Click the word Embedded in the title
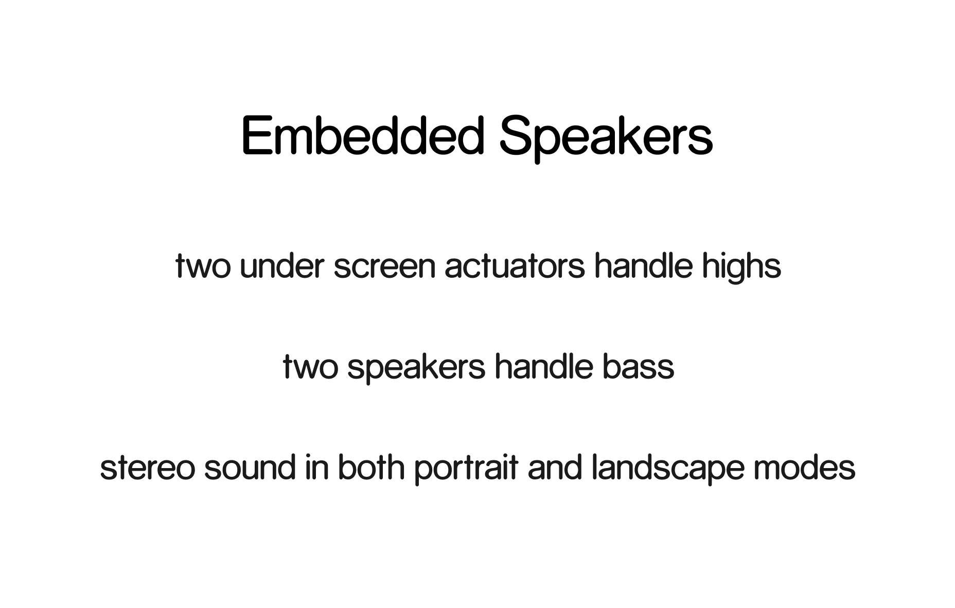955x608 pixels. pos(363,135)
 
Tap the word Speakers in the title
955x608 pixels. pos(606,138)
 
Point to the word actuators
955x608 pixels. pos(515,266)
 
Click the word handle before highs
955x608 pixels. pos(643,266)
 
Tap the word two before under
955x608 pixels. pos(203,266)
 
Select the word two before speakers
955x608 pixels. pos(310,367)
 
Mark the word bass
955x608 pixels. pos(638,367)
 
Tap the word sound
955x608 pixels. pos(250,468)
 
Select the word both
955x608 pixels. pos(371,468)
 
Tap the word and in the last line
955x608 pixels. pos(555,468)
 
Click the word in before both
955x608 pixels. pos(316,468)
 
